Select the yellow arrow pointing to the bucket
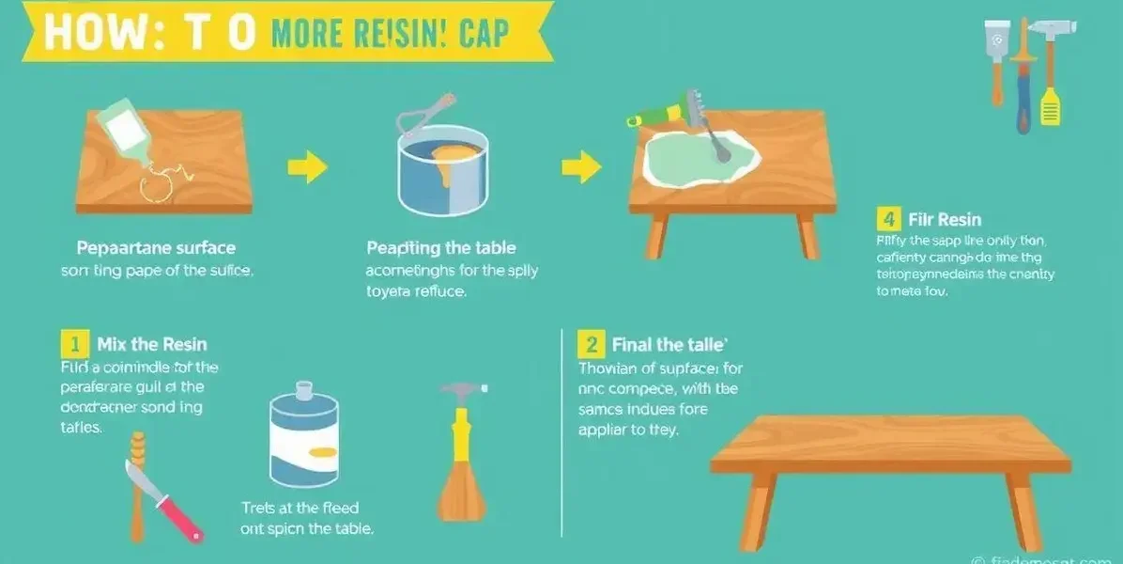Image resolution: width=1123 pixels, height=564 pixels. point(307,168)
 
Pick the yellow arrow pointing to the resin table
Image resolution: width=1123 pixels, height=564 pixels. point(581,168)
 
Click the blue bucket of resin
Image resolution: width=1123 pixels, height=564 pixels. point(441,173)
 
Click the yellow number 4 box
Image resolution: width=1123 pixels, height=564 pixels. point(887,220)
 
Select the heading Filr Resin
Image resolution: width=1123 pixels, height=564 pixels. point(945,220)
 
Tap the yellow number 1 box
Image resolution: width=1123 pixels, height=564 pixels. point(73,344)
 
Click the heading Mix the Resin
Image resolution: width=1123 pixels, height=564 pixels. point(152,344)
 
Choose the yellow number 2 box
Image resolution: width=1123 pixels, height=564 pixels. point(591,344)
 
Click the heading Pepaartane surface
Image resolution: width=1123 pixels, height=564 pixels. point(155,248)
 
